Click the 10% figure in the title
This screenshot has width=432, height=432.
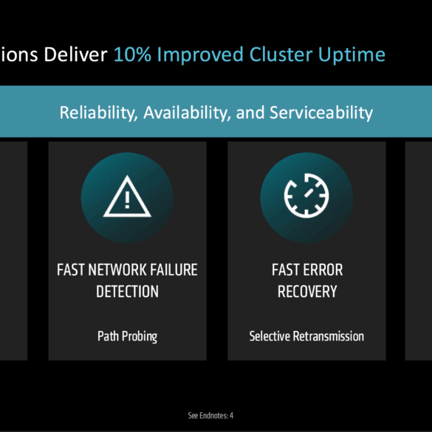[132, 54]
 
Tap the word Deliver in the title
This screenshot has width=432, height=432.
[75, 54]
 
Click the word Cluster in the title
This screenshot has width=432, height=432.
[281, 54]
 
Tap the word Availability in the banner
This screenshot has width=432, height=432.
[187, 113]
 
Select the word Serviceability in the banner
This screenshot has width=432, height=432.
[321, 113]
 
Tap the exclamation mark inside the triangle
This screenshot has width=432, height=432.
[127, 200]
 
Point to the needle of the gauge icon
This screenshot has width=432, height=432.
[309, 193]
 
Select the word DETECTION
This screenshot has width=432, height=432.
[127, 292]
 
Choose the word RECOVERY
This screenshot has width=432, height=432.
[307, 292]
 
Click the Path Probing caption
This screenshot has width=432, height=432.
[127, 337]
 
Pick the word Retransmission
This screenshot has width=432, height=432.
[329, 336]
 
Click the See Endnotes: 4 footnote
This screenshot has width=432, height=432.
[210, 415]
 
